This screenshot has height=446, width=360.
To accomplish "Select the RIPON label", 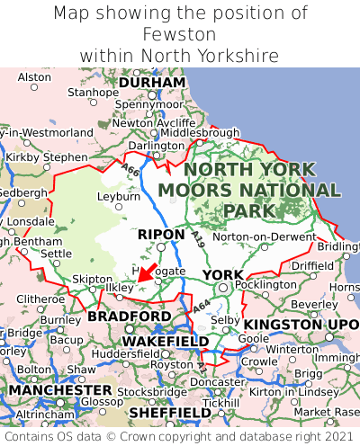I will point(161,235).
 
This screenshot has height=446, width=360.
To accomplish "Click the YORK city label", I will point(222,274).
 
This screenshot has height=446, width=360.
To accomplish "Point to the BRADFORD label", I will point(129,317).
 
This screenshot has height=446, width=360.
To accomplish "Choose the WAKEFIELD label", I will point(165,342).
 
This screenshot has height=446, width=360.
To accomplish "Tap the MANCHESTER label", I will point(59,391).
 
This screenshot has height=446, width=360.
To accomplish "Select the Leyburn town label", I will point(118,196).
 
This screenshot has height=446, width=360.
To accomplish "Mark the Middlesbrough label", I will point(199,133).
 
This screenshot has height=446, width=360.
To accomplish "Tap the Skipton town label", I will point(89,279).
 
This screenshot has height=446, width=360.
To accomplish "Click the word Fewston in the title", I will point(179,34).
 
